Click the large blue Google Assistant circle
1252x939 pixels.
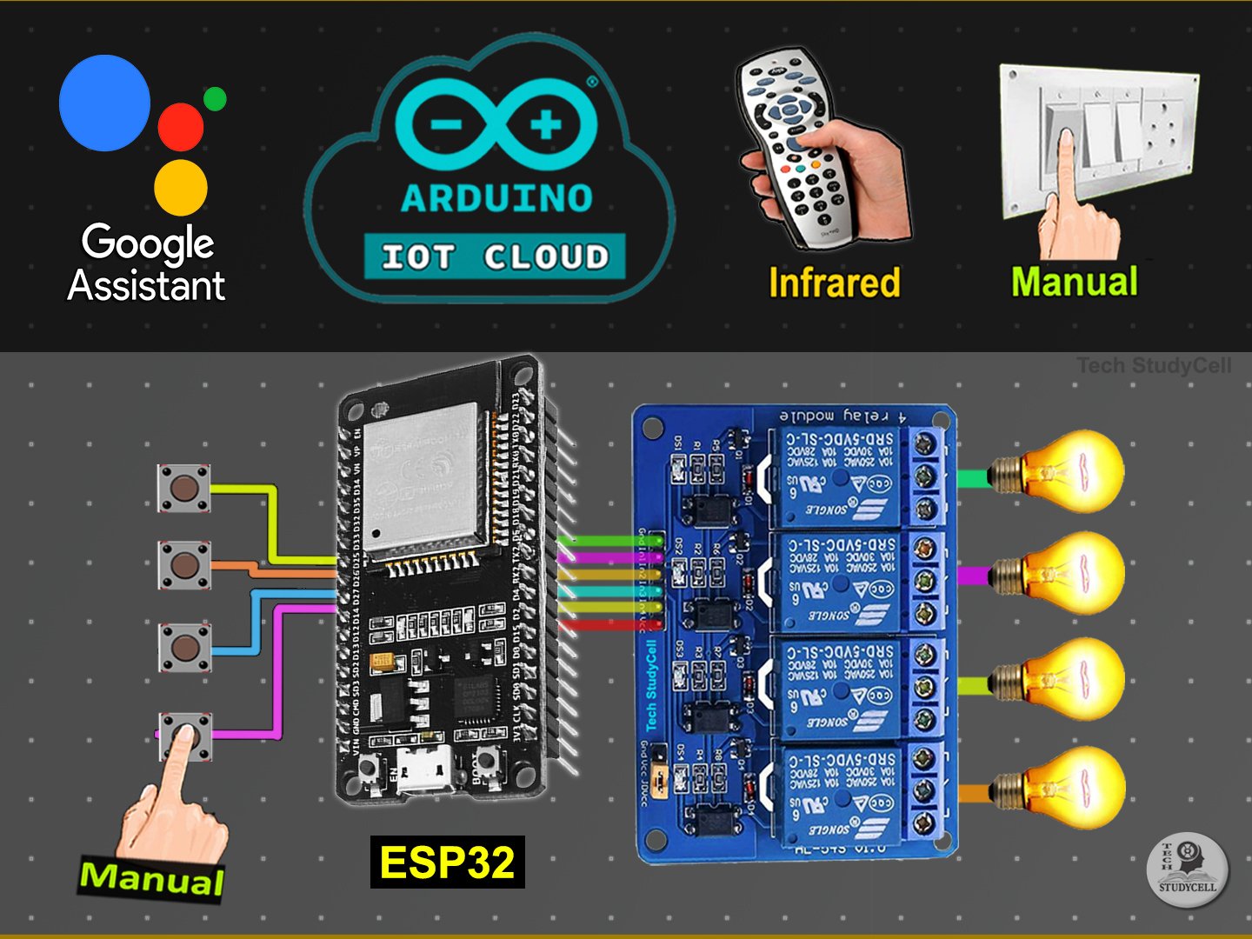tap(104, 103)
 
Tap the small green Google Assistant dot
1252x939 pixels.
tap(215, 99)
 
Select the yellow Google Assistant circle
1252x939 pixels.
tap(181, 187)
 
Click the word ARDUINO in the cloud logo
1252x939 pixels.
tap(496, 199)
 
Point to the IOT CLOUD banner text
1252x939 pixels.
tap(495, 256)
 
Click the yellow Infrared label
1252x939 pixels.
tap(834, 283)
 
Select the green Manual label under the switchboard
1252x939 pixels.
tap(1075, 282)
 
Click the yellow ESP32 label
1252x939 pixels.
tap(447, 862)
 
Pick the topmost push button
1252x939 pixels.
tap(183, 488)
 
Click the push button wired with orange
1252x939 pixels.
tap(183, 565)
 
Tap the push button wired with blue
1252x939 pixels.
tap(184, 647)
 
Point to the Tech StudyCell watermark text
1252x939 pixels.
tap(1154, 365)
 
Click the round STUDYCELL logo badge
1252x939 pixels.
tap(1187, 869)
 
